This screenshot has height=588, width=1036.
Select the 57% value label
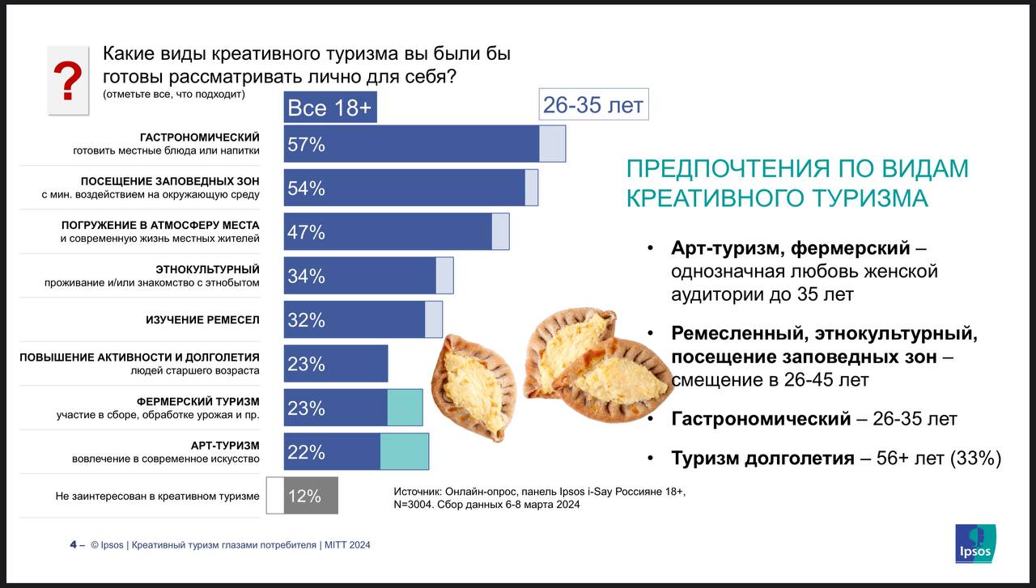306,145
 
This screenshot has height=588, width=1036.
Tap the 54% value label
306,188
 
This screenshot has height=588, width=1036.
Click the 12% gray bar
311,496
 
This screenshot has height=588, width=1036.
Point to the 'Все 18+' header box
330,108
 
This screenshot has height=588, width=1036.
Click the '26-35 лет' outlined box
593,104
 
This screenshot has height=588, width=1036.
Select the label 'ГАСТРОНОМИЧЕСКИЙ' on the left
199,137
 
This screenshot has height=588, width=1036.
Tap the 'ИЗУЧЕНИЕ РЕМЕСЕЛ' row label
202,319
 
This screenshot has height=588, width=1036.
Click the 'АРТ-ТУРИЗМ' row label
225,445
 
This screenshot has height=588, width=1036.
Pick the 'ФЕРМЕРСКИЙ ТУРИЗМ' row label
198,401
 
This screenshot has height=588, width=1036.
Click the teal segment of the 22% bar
404,451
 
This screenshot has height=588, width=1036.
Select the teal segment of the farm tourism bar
405,408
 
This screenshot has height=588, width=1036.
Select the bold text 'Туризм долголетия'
762,459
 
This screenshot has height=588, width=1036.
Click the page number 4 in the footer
73,545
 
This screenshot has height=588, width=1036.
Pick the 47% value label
306,232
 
